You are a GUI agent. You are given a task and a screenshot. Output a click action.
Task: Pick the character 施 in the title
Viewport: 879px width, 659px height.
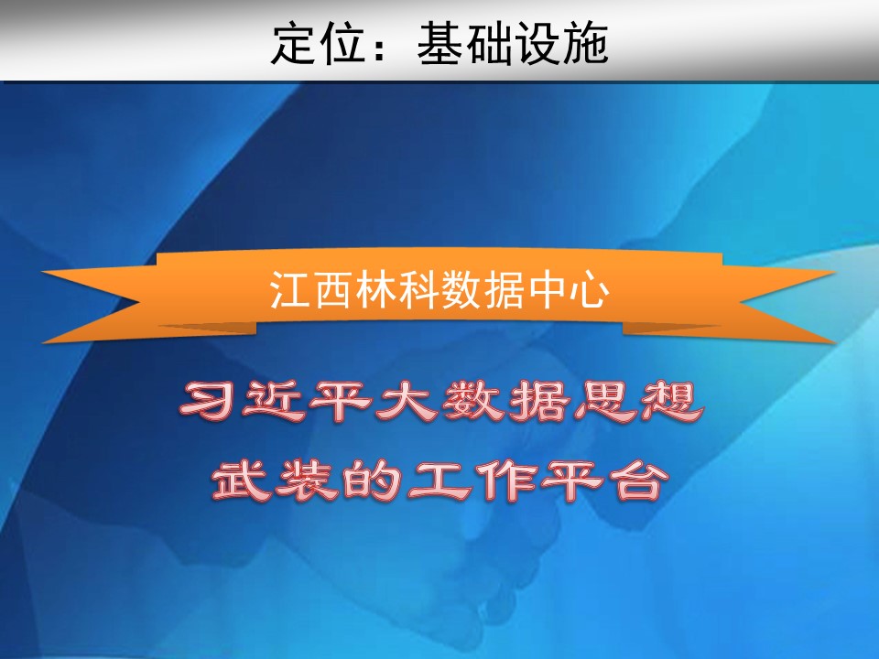[585, 43]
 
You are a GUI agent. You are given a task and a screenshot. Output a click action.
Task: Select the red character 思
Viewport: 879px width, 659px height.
[605, 402]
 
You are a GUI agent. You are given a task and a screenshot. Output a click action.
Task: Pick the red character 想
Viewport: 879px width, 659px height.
[671, 402]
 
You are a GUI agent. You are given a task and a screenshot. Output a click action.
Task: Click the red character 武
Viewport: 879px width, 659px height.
[241, 481]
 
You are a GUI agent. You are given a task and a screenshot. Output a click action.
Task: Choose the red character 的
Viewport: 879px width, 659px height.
[373, 481]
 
